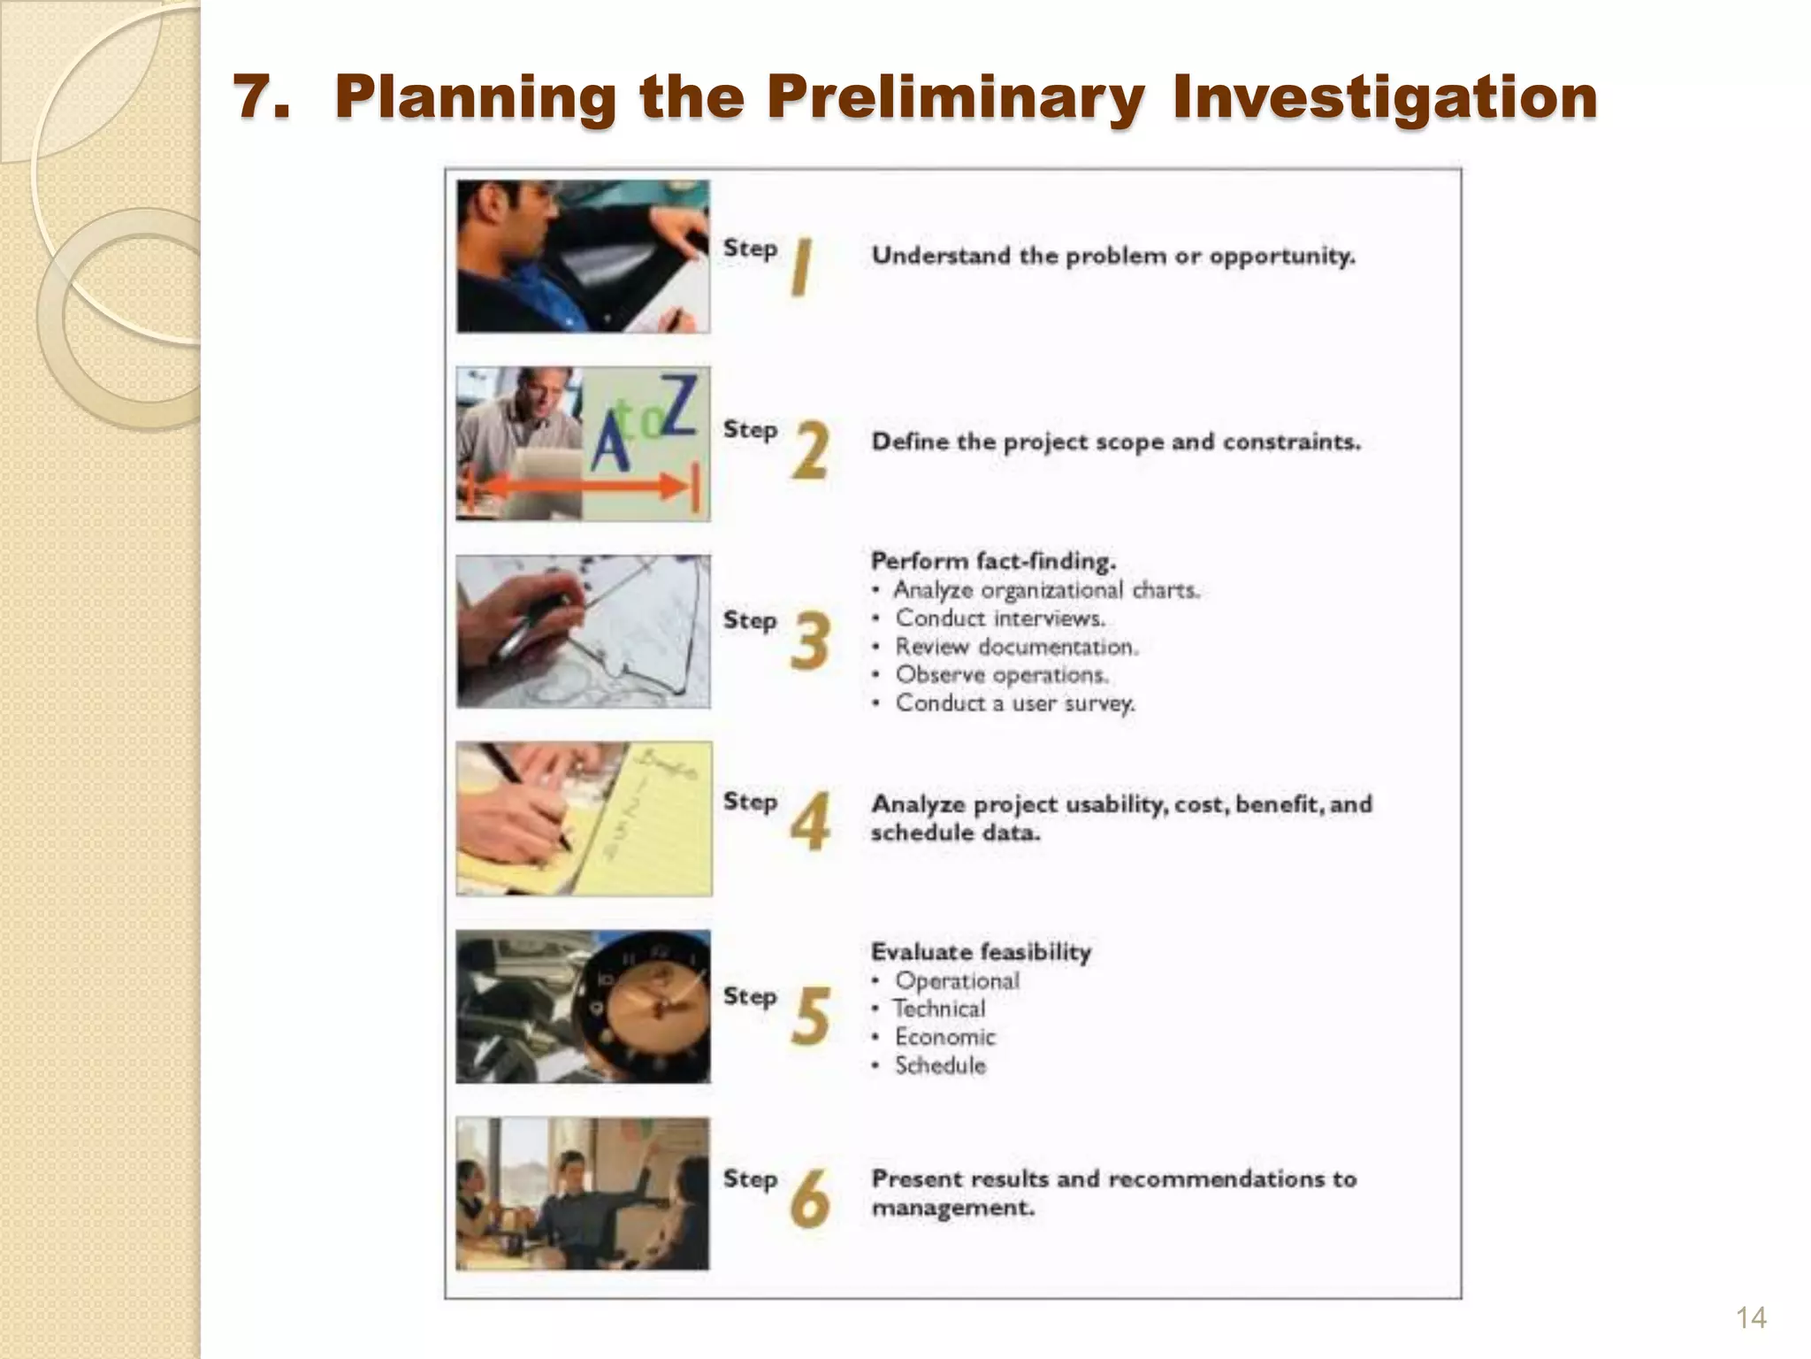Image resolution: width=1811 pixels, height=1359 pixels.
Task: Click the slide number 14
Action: (1751, 1317)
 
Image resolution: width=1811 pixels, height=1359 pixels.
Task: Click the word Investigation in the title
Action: (1385, 97)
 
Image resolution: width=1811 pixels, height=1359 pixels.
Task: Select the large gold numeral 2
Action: (810, 450)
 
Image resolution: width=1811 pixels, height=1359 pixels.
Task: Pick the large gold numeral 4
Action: (810, 822)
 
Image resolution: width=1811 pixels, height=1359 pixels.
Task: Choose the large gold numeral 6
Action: (810, 1199)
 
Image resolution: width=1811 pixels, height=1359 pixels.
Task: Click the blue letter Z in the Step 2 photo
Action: (679, 405)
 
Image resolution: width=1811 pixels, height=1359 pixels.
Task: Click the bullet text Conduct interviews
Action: (1000, 618)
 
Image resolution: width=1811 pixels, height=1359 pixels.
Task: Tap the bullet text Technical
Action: (939, 1009)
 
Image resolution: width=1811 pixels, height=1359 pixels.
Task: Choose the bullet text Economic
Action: (945, 1037)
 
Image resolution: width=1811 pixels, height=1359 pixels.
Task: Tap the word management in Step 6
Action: (952, 1208)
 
